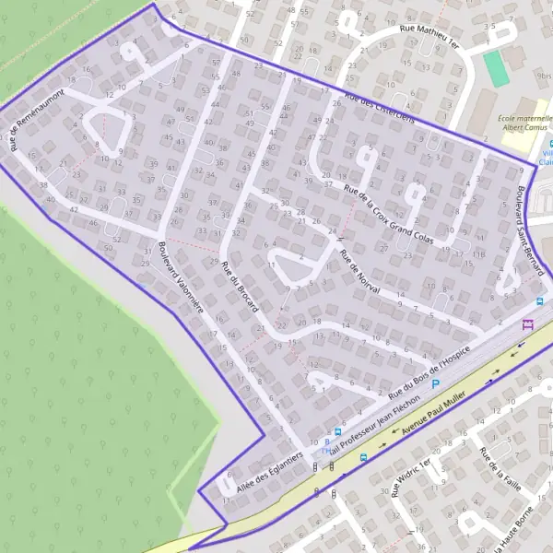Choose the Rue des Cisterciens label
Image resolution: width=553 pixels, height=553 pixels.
point(378,108)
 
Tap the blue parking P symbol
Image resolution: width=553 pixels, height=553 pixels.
point(436,381)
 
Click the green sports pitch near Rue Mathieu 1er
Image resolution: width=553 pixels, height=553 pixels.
point(497,67)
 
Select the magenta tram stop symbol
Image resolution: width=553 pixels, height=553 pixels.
point(528,324)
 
